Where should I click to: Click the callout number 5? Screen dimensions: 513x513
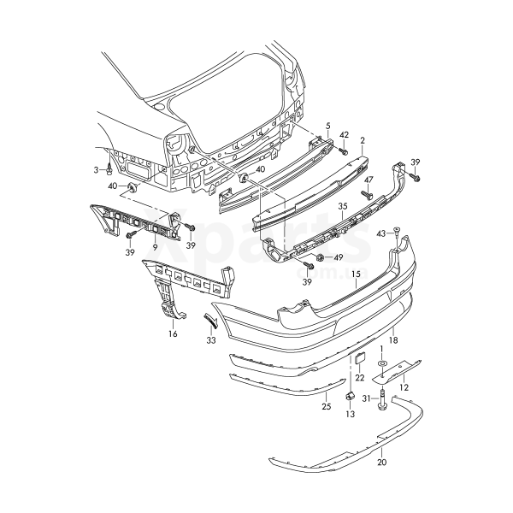coord(328,127)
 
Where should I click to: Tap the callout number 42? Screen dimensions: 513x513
coord(344,136)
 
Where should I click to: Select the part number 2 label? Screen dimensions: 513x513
coord(363,139)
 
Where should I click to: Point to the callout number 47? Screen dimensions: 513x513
coord(369,180)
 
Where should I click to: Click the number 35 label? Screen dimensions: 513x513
coord(342,206)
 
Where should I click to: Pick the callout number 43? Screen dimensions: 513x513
coord(381,233)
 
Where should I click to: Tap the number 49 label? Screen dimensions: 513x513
coord(338,257)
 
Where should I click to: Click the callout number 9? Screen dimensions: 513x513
coord(156,246)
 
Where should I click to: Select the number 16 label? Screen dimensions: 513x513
coord(172,334)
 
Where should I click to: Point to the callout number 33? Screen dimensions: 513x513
coord(211,339)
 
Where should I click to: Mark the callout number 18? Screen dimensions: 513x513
coord(394,339)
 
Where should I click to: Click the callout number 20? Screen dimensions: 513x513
coord(381,462)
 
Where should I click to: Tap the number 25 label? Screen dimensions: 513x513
coord(326,407)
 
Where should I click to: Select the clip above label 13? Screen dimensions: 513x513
coord(350,396)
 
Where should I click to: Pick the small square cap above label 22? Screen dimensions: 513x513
coord(360,358)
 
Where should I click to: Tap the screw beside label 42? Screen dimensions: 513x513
coord(341,151)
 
